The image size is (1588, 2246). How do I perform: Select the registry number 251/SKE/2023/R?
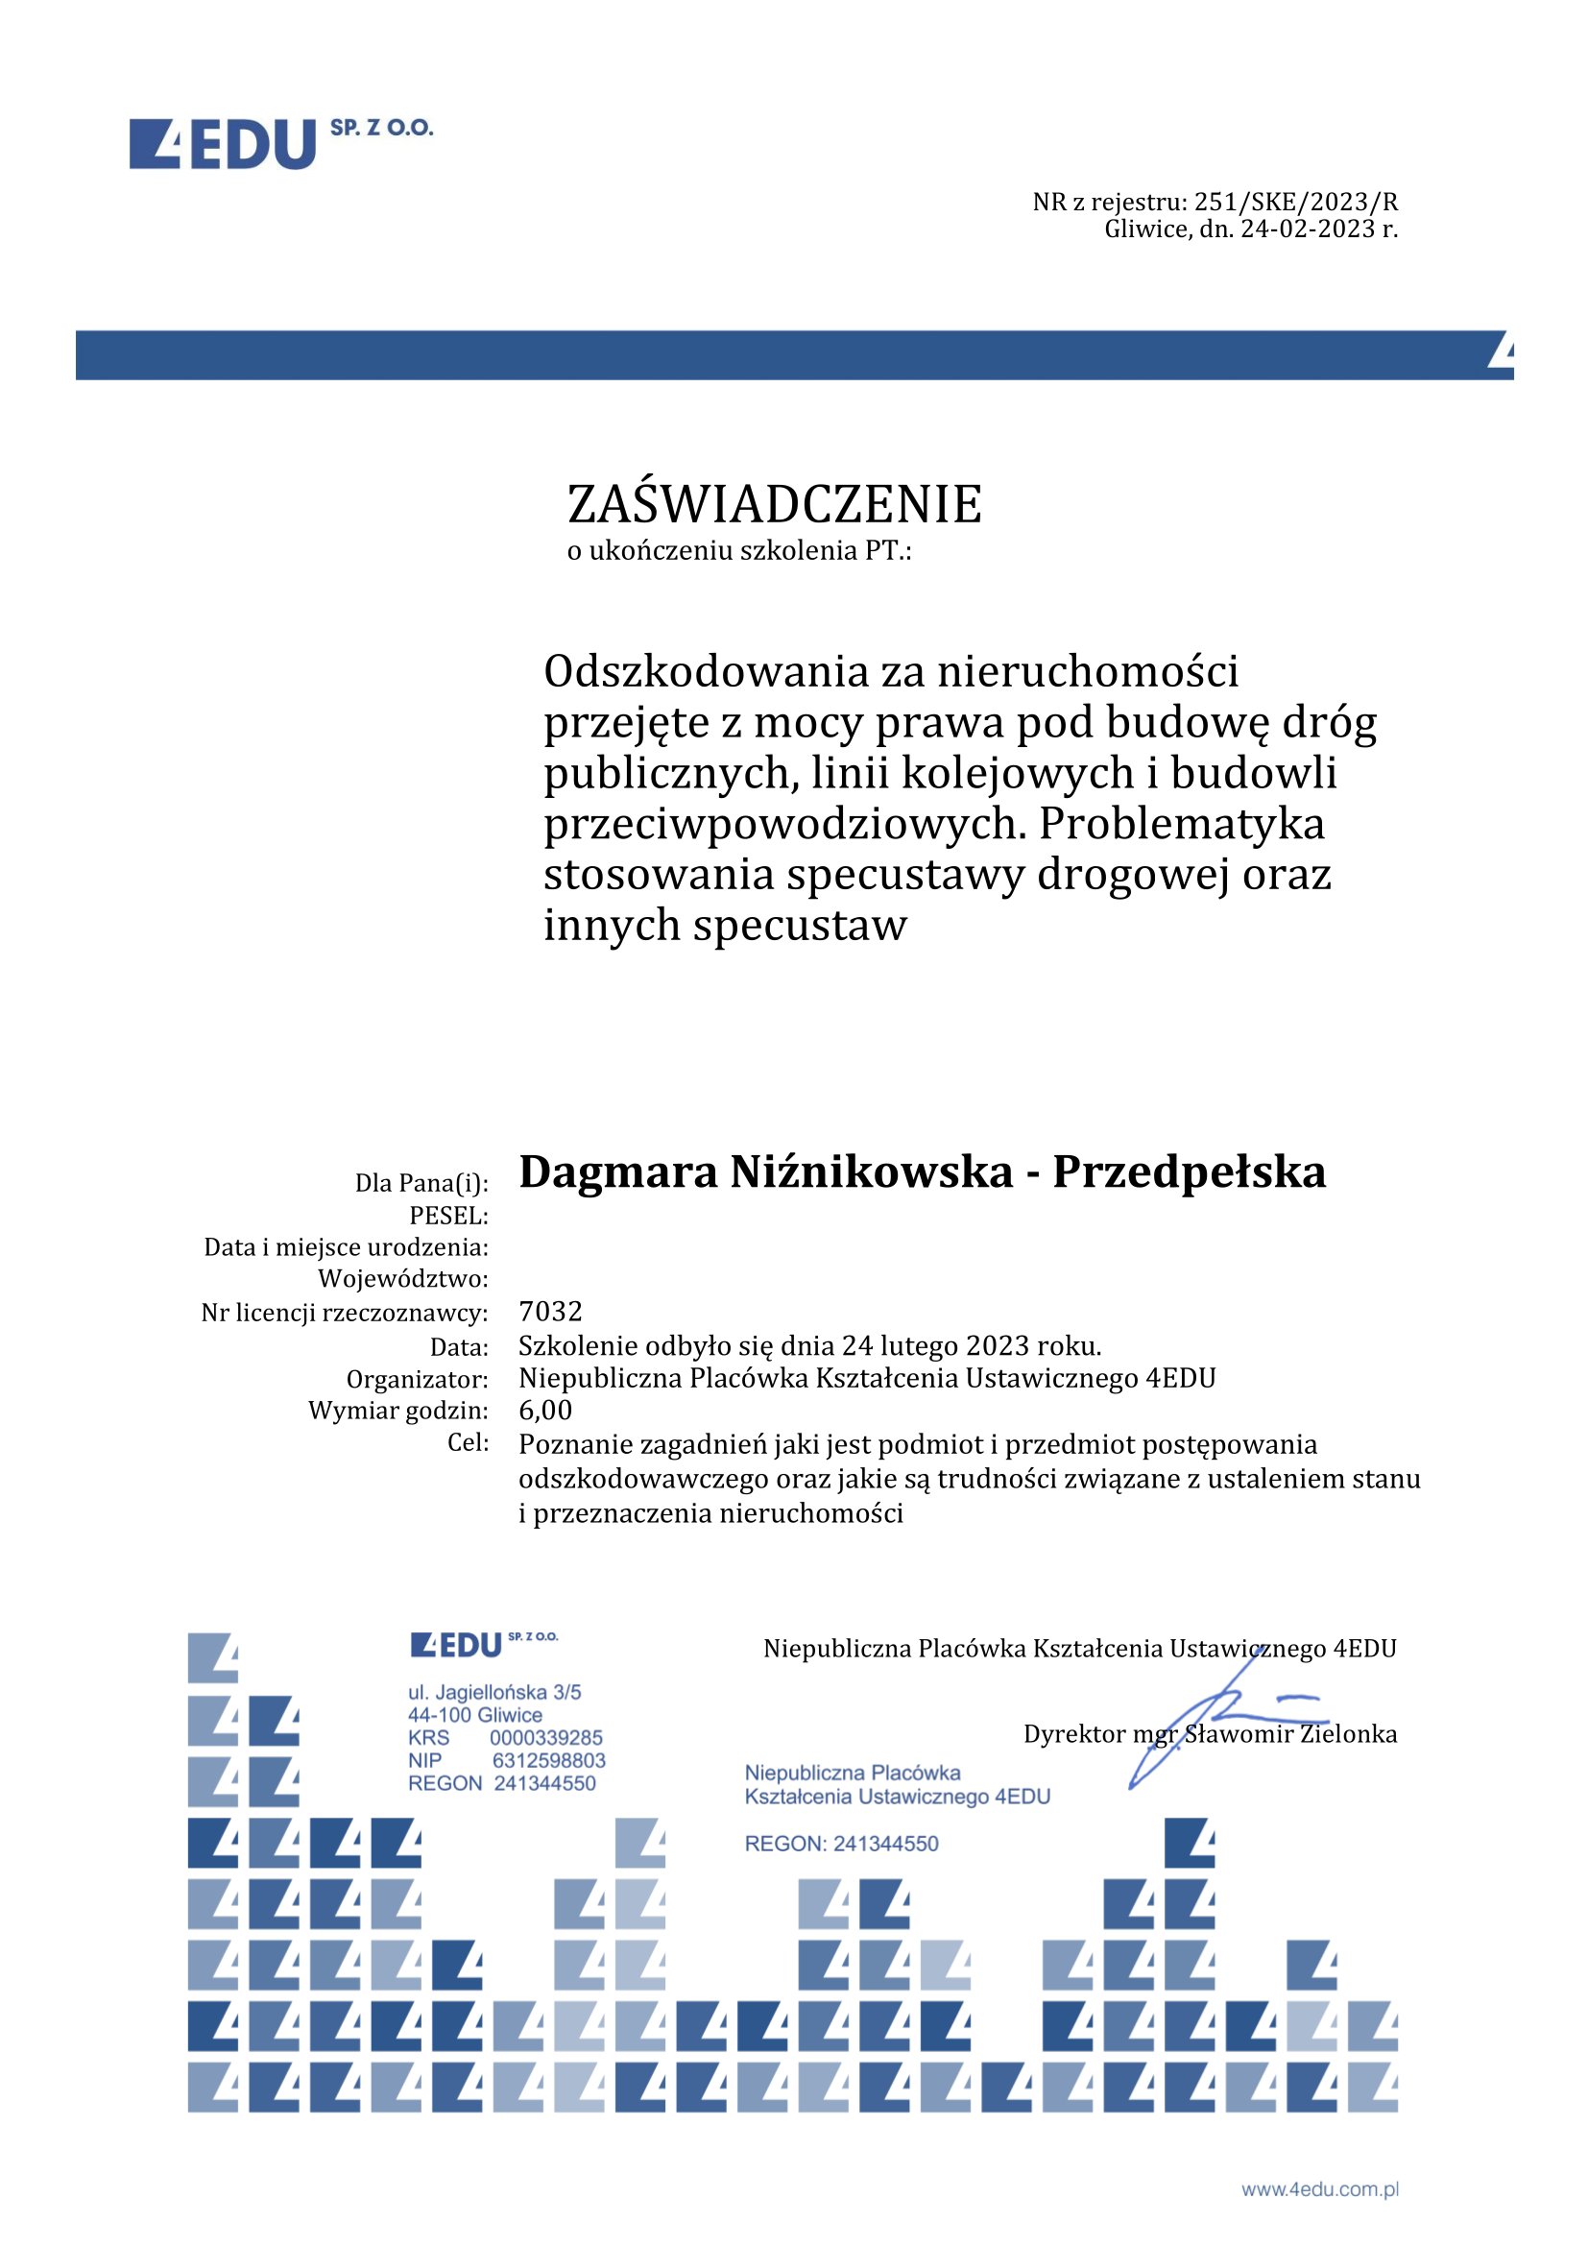[x=1295, y=203]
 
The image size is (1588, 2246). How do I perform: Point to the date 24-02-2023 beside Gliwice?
[x=1308, y=229]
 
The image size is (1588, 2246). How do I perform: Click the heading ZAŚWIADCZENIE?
[x=775, y=505]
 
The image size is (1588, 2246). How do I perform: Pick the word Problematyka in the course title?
[x=1181, y=824]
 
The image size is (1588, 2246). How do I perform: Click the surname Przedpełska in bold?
[x=1188, y=1171]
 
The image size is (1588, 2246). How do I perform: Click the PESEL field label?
[x=448, y=1216]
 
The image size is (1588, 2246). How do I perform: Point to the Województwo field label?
[x=403, y=1278]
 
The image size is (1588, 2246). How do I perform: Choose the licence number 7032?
[x=550, y=1311]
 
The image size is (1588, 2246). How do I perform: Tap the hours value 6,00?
[x=545, y=1410]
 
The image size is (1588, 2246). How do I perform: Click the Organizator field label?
[x=418, y=1379]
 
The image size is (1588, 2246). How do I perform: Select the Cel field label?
[x=469, y=1443]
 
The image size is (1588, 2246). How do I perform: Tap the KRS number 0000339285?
[x=545, y=1738]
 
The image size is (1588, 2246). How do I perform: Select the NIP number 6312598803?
[x=548, y=1761]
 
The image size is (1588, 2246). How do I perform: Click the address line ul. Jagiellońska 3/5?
[x=494, y=1692]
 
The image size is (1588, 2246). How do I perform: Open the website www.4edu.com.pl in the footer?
[x=1320, y=2189]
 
